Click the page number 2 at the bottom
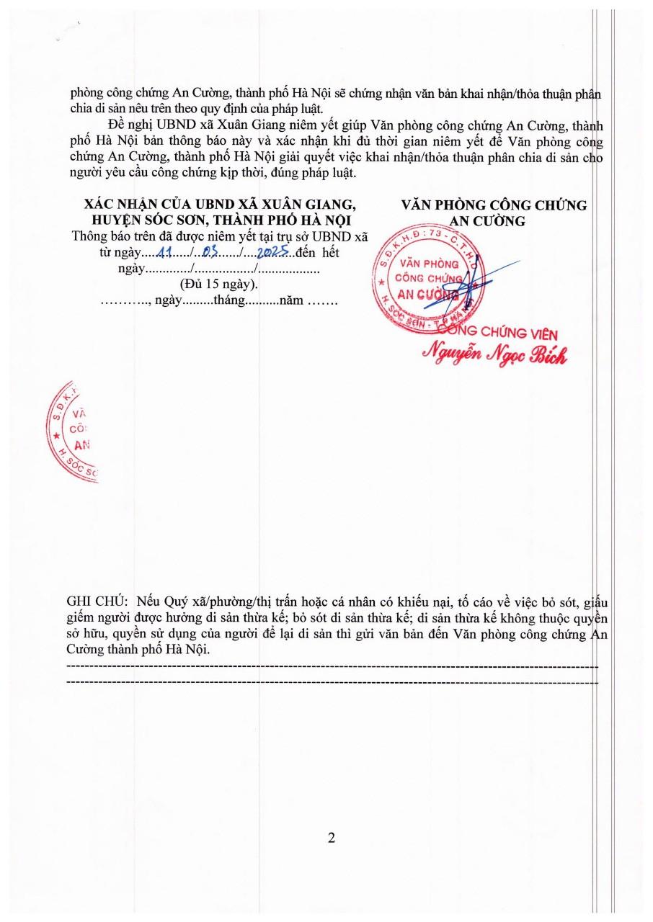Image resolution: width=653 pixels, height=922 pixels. [x=332, y=838]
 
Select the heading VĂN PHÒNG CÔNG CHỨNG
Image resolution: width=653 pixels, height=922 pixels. [x=494, y=205]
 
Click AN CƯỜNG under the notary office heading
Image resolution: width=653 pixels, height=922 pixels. [x=494, y=221]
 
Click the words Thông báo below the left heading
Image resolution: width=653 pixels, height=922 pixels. [x=97, y=236]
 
